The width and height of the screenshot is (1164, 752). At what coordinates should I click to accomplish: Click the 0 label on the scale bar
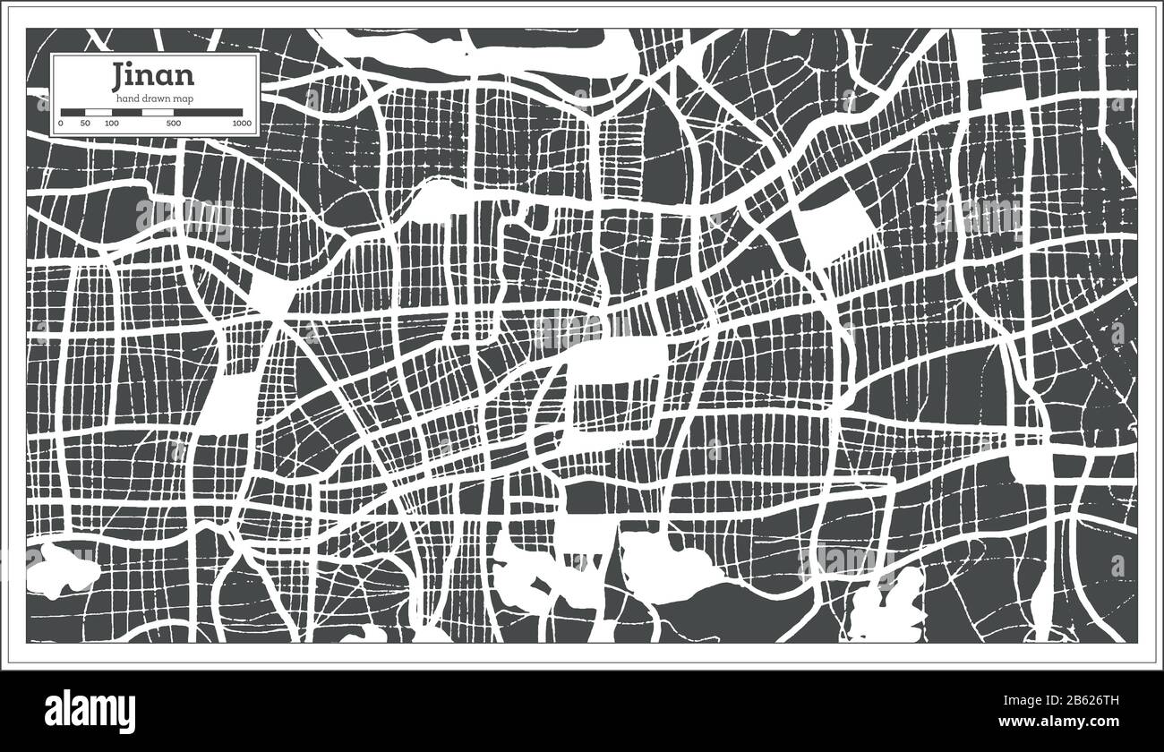61,123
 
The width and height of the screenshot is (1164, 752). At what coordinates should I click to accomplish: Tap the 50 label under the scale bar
85,123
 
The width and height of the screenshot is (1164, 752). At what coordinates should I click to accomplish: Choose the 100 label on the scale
111,123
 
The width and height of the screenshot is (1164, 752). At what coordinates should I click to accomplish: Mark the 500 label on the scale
173,123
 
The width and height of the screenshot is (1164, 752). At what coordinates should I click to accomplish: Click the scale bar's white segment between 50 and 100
98,112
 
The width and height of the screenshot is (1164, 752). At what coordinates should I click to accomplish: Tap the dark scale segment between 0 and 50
73,112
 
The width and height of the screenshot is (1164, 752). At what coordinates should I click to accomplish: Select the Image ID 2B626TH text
1071,698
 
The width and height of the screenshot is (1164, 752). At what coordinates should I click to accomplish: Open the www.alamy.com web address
1072,722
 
